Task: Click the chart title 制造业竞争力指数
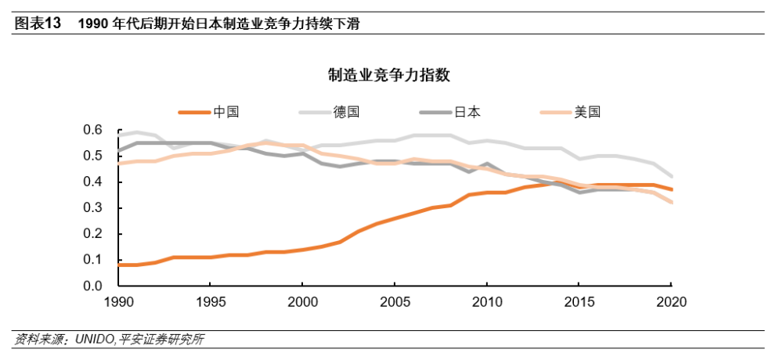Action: (x=389, y=75)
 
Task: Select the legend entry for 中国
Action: (x=209, y=112)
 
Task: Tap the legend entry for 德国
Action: (x=329, y=112)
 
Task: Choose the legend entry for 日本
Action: (x=450, y=112)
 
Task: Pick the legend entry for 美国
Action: (x=570, y=112)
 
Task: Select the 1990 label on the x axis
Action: (x=118, y=302)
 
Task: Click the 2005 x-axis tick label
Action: (x=395, y=302)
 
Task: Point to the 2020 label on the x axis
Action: (x=671, y=302)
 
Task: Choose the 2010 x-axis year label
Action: (x=487, y=302)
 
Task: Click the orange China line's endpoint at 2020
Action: (x=671, y=189)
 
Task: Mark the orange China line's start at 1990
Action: (x=119, y=265)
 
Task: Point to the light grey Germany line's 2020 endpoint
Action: (x=671, y=176)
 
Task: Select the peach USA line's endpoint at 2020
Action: (x=671, y=202)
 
